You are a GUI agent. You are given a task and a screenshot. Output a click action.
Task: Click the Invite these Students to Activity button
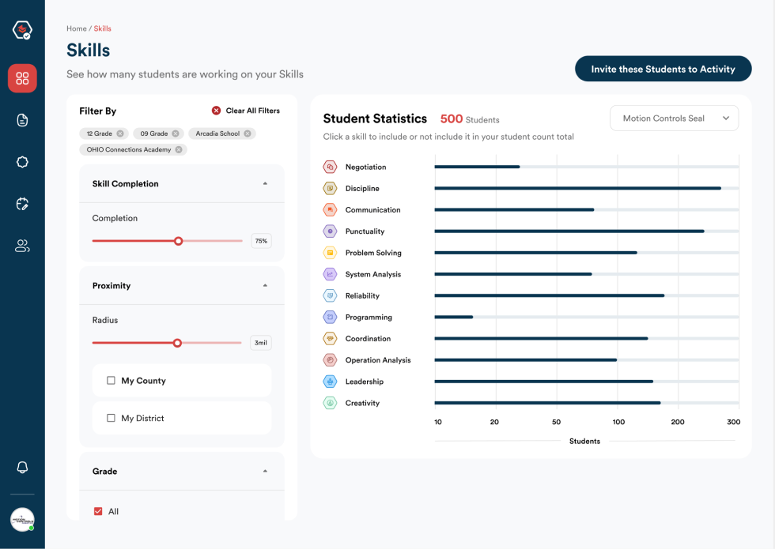pos(663,69)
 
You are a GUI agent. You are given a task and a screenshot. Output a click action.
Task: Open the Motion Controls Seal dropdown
pos(674,118)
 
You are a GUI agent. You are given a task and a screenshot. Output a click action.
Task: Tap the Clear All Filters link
pos(245,111)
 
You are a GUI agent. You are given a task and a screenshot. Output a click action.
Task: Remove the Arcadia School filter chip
pos(248,133)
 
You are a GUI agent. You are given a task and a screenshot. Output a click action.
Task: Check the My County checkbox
pos(111,381)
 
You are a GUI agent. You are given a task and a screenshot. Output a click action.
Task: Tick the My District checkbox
pos(111,418)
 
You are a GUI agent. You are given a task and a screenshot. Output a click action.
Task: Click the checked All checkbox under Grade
pos(98,511)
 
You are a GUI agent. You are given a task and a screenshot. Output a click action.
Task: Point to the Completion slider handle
pos(179,241)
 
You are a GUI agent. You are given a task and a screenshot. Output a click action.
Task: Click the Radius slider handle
pos(177,343)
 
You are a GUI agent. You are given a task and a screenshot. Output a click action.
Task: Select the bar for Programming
pos(454,317)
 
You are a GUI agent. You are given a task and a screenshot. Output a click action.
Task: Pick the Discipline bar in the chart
pos(577,188)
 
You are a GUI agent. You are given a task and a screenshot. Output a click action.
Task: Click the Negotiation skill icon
pos(330,167)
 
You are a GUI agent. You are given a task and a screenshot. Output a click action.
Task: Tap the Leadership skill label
pos(364,382)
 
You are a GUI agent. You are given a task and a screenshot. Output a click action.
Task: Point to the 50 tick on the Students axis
pos(556,422)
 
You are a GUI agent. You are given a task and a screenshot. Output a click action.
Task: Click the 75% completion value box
pos(261,241)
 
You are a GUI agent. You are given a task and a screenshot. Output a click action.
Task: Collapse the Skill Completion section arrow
pos(265,183)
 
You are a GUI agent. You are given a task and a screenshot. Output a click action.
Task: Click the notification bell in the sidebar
pos(22,467)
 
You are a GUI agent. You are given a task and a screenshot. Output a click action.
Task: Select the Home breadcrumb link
pos(76,28)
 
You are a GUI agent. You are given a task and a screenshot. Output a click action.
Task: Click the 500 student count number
pos(451,118)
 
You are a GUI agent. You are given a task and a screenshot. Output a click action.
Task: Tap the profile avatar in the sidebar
pos(22,519)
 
